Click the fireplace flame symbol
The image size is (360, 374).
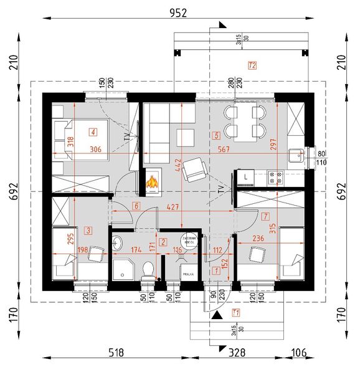tap(151, 182)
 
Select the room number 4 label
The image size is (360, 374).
tap(93, 132)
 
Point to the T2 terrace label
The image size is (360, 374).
tap(252, 65)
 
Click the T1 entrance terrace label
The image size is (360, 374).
tap(235, 312)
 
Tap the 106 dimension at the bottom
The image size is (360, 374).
tap(300, 353)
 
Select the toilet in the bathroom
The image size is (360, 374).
tap(148, 269)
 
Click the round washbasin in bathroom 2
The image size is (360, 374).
tap(118, 244)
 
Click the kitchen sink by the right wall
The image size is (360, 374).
tap(296, 156)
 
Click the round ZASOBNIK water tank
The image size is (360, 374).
tap(189, 241)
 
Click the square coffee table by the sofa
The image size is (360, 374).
tap(186, 136)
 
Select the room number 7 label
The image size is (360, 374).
tap(265, 217)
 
